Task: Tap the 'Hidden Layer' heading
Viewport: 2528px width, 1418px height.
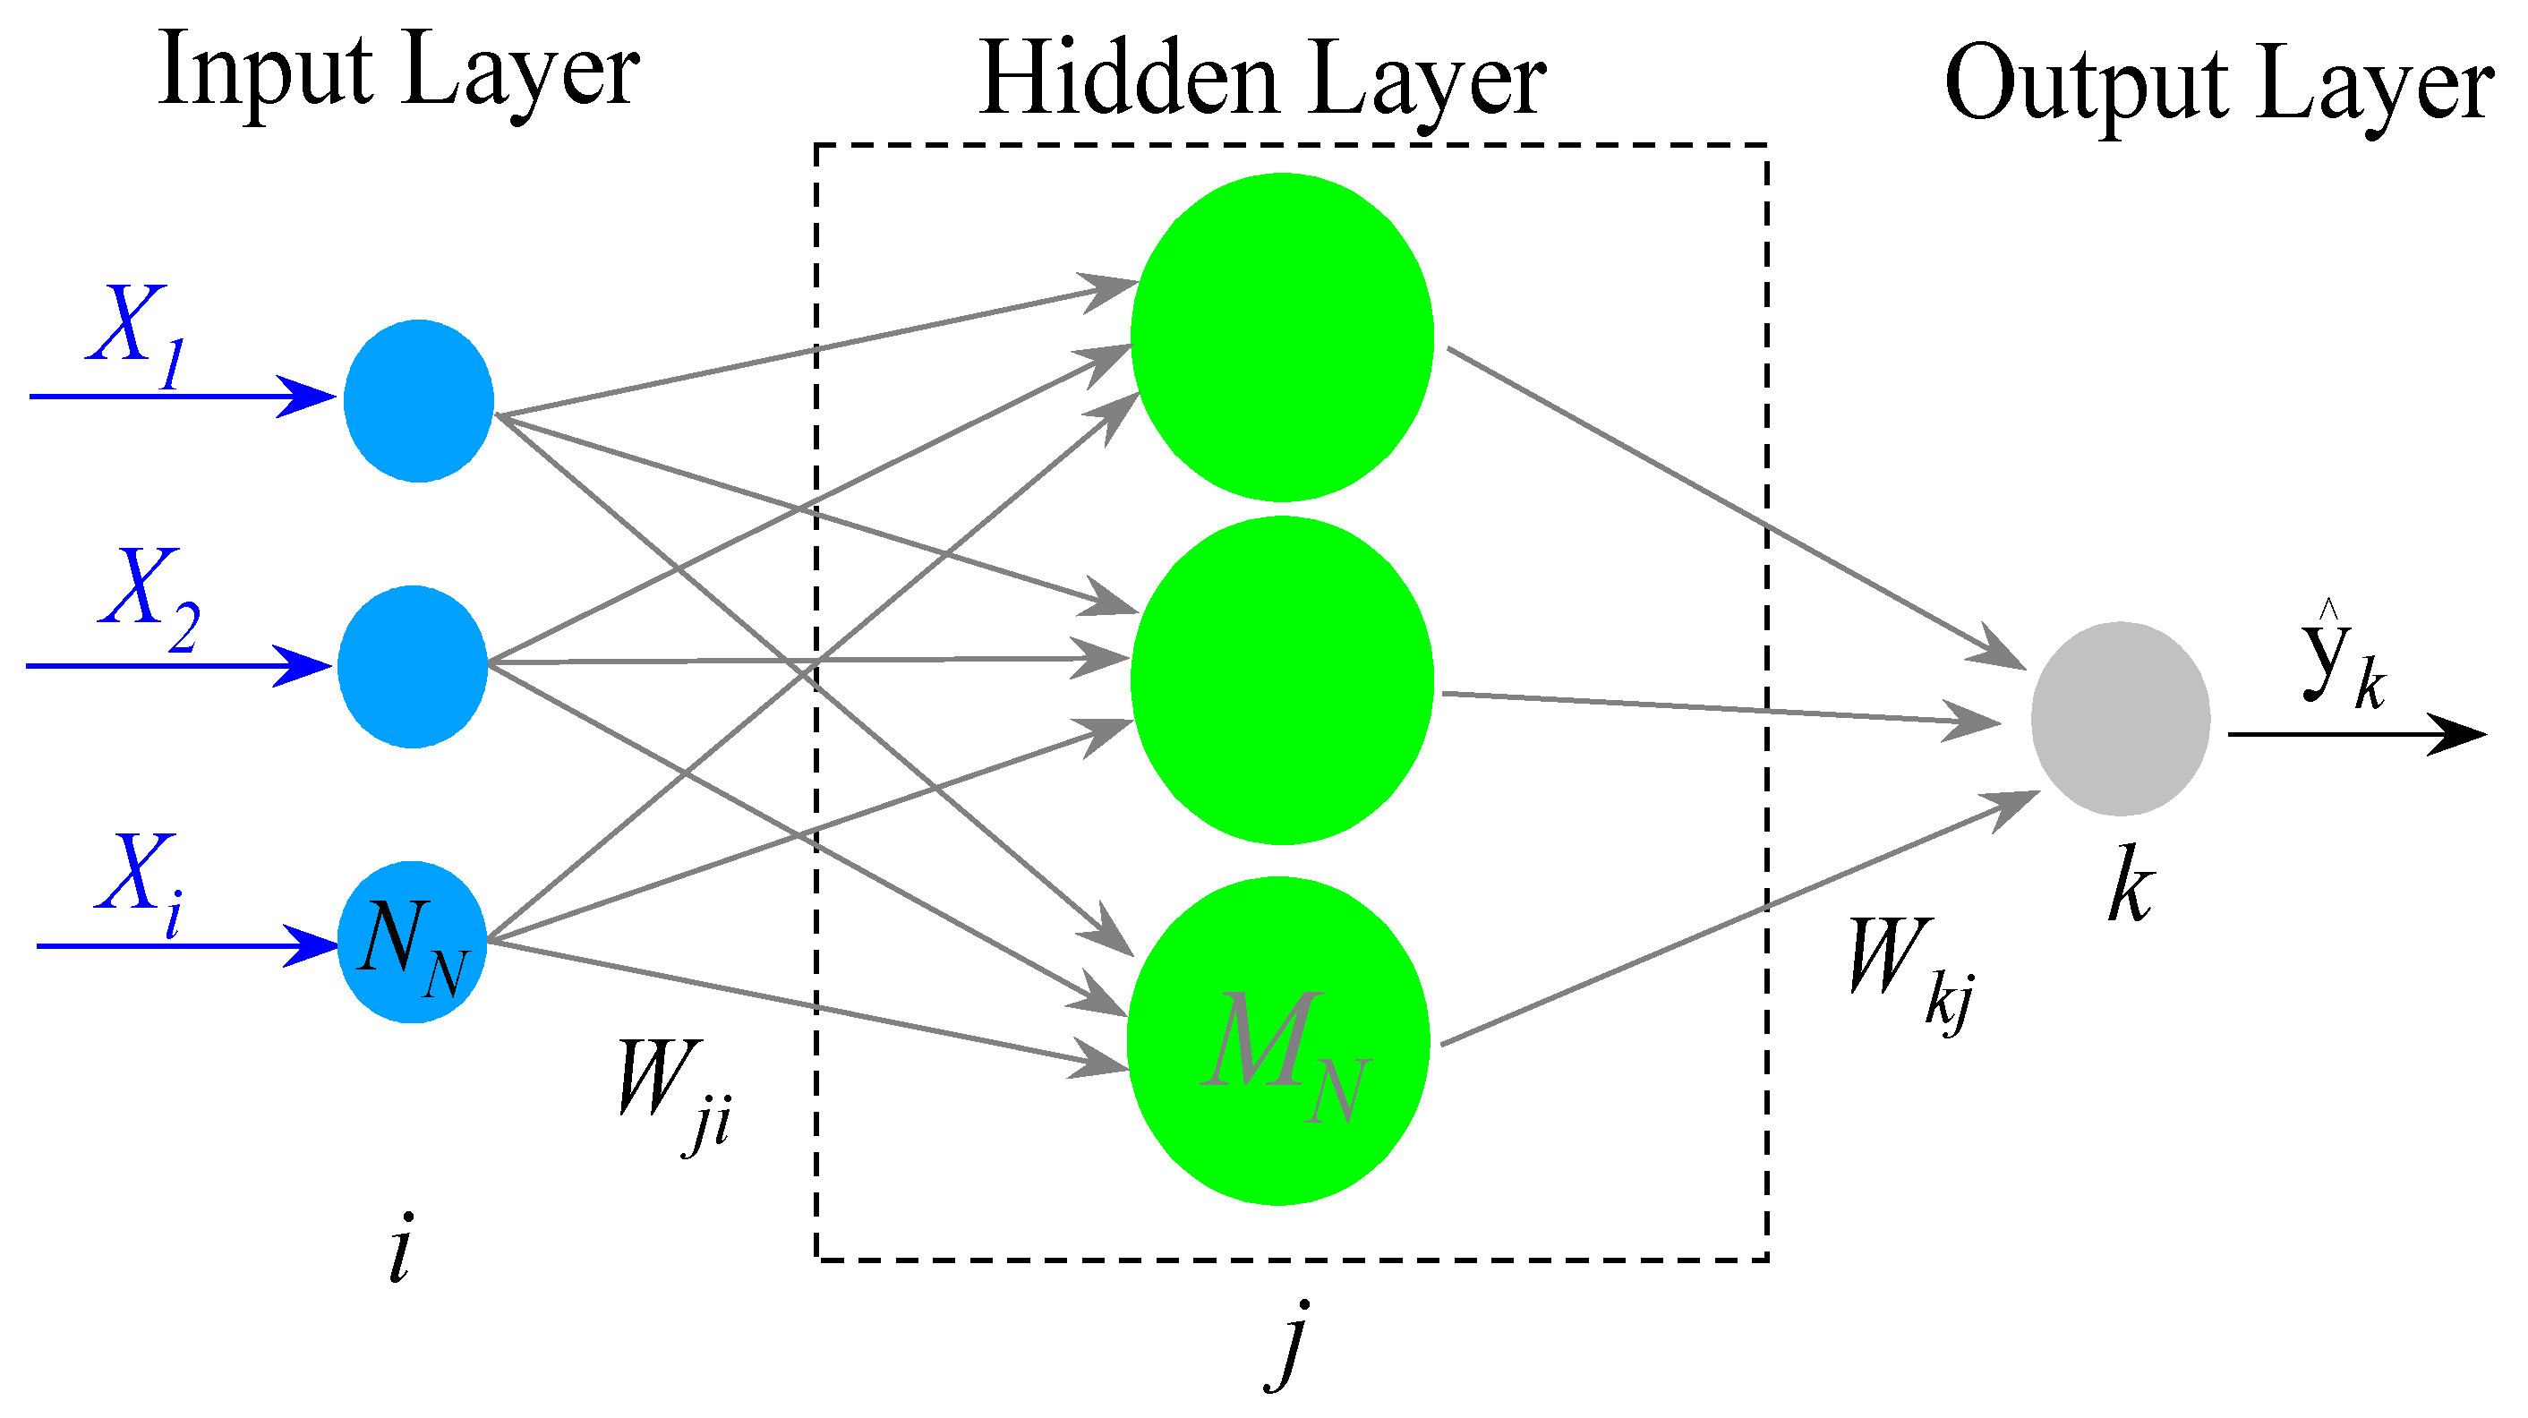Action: pyautogui.click(x=1262, y=81)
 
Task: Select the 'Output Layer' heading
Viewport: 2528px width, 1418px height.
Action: pyautogui.click(x=2218, y=86)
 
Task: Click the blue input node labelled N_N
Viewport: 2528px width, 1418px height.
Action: pyautogui.click(x=412, y=943)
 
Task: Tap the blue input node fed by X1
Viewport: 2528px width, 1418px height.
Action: pyautogui.click(x=418, y=400)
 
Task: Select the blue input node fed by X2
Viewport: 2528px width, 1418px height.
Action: pyautogui.click(x=412, y=666)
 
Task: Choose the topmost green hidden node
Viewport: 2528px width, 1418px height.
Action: pyautogui.click(x=1282, y=337)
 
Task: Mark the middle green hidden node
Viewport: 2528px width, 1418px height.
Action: pyautogui.click(x=1282, y=680)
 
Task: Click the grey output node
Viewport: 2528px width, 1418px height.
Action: pyautogui.click(x=2120, y=718)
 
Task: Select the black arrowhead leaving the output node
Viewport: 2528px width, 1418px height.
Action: pyautogui.click(x=2458, y=734)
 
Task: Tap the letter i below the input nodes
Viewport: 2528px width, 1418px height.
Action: pyautogui.click(x=398, y=1248)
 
